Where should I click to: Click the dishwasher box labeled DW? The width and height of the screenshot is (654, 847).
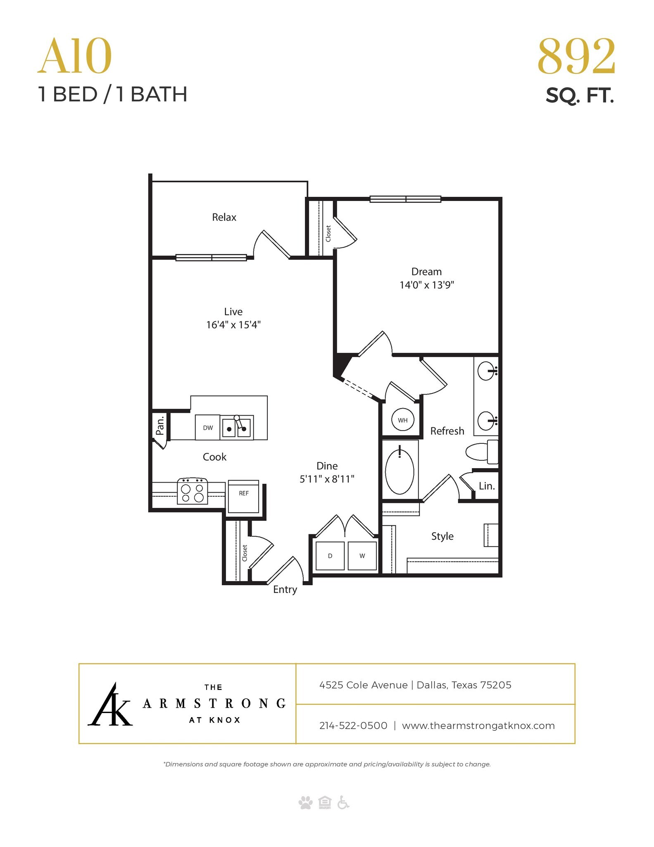pyautogui.click(x=207, y=428)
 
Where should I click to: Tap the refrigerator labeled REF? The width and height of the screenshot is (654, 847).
pyautogui.click(x=243, y=496)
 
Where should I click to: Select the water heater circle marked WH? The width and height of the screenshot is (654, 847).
pyautogui.click(x=402, y=420)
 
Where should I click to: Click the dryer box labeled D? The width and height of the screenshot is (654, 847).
pyautogui.click(x=330, y=556)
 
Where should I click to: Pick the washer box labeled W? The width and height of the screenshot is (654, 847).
pyautogui.click(x=362, y=556)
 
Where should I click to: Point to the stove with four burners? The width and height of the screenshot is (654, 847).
pyautogui.click(x=193, y=491)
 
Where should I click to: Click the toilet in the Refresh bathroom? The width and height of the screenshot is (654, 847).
pyautogui.click(x=482, y=452)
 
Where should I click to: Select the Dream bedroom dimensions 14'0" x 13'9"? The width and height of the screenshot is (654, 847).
pyautogui.click(x=426, y=285)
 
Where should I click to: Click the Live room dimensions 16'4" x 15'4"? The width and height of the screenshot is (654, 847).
pyautogui.click(x=233, y=325)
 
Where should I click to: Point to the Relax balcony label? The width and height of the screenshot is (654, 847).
pyautogui.click(x=224, y=217)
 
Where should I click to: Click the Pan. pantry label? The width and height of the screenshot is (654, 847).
pyautogui.click(x=160, y=425)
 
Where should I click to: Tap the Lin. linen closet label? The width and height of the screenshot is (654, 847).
pyautogui.click(x=487, y=486)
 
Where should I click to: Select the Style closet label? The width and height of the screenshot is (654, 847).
pyautogui.click(x=442, y=536)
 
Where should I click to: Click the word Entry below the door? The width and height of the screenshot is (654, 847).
pyautogui.click(x=285, y=589)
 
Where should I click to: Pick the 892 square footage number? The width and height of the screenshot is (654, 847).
pyautogui.click(x=576, y=57)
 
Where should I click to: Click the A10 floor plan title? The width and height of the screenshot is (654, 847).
pyautogui.click(x=75, y=57)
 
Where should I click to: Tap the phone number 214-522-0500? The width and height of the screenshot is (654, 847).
pyautogui.click(x=353, y=725)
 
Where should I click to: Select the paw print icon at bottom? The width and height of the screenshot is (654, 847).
pyautogui.click(x=305, y=803)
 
